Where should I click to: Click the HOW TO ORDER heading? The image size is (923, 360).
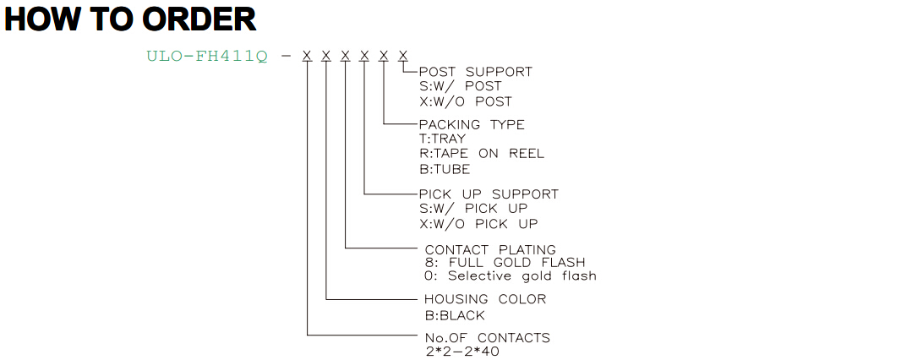(x=130, y=19)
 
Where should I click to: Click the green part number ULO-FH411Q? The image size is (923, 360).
(x=207, y=57)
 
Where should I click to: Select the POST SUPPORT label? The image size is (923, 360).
(x=475, y=72)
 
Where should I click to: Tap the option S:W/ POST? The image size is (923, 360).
(x=460, y=86)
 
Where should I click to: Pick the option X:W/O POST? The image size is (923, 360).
(x=465, y=101)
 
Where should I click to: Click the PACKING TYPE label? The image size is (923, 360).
(x=471, y=125)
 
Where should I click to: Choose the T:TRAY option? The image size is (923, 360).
(x=441, y=139)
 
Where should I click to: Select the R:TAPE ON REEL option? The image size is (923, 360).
(x=481, y=154)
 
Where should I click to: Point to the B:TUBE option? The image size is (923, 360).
(x=444, y=169)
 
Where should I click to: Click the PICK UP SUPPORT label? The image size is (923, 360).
(x=488, y=194)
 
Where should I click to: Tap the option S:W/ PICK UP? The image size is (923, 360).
(x=472, y=209)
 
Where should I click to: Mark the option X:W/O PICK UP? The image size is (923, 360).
(x=478, y=224)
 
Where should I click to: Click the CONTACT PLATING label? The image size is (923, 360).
(x=489, y=249)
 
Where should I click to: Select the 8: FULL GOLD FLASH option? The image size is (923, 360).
(x=505, y=262)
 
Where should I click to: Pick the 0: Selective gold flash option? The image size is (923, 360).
(x=511, y=275)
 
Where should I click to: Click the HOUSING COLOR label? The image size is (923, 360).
(x=485, y=299)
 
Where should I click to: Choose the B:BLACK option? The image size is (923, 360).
(x=455, y=316)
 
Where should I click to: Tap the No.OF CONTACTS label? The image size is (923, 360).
(x=487, y=338)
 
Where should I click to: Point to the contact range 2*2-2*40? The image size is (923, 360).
(x=462, y=352)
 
